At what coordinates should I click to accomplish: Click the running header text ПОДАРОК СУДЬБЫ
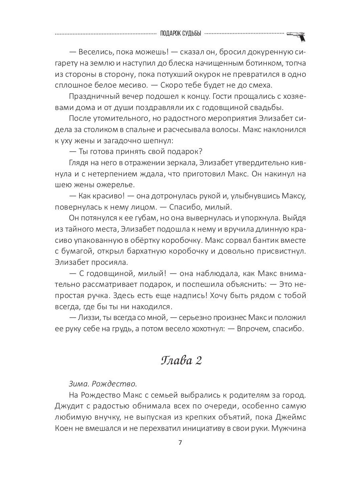coord(180,33)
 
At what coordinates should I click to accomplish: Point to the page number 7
coord(180,443)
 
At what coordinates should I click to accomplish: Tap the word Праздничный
coord(95,96)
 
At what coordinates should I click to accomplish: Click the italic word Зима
coord(78,384)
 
